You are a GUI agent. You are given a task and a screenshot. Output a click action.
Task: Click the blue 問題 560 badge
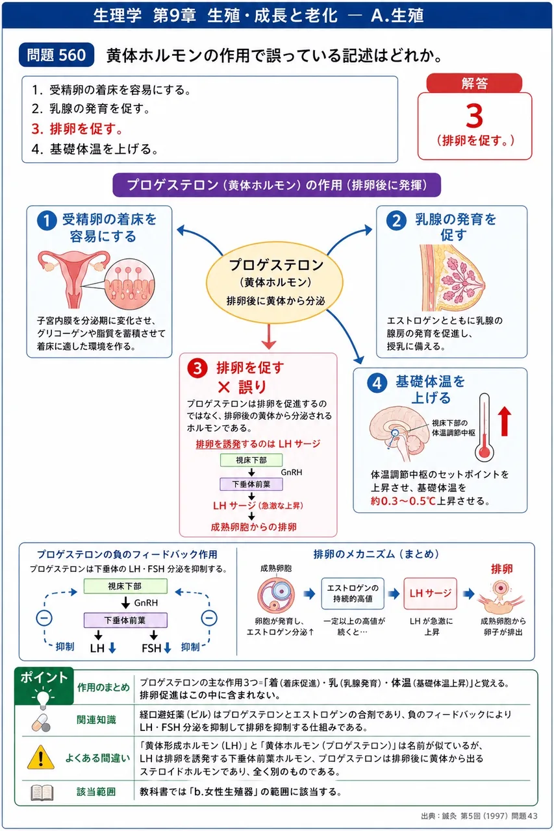click(x=57, y=55)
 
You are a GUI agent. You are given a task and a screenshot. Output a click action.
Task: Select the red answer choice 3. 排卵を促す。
click(x=77, y=129)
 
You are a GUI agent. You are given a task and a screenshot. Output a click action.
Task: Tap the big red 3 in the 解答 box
click(x=474, y=116)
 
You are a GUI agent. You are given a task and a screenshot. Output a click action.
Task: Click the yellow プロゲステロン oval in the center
click(x=275, y=282)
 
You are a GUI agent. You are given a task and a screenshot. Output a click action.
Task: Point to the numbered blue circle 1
click(x=47, y=221)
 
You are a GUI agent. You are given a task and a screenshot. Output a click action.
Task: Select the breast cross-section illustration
click(x=452, y=277)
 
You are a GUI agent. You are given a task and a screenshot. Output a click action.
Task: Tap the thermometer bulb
click(x=485, y=452)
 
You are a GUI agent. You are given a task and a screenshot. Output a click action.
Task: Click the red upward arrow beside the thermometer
click(x=504, y=421)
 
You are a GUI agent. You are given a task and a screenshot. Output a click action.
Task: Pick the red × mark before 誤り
click(x=224, y=388)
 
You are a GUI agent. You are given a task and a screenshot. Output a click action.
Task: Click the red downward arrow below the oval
click(x=269, y=337)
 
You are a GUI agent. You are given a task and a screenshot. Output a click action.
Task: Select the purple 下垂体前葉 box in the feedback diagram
click(x=125, y=620)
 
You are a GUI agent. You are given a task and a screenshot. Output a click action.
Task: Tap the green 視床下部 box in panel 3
click(x=251, y=460)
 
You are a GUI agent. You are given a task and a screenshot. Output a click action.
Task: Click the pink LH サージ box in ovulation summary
click(x=430, y=593)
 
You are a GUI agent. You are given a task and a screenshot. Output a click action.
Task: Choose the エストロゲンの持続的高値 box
click(x=353, y=593)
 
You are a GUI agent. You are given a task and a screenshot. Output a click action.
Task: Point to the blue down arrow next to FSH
click(x=168, y=648)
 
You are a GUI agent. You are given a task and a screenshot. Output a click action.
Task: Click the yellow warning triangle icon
click(x=41, y=757)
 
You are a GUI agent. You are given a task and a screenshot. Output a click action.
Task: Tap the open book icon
click(x=42, y=793)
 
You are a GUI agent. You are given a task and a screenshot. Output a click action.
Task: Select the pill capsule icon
click(x=41, y=723)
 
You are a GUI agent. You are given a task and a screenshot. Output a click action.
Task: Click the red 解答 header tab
click(x=474, y=83)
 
